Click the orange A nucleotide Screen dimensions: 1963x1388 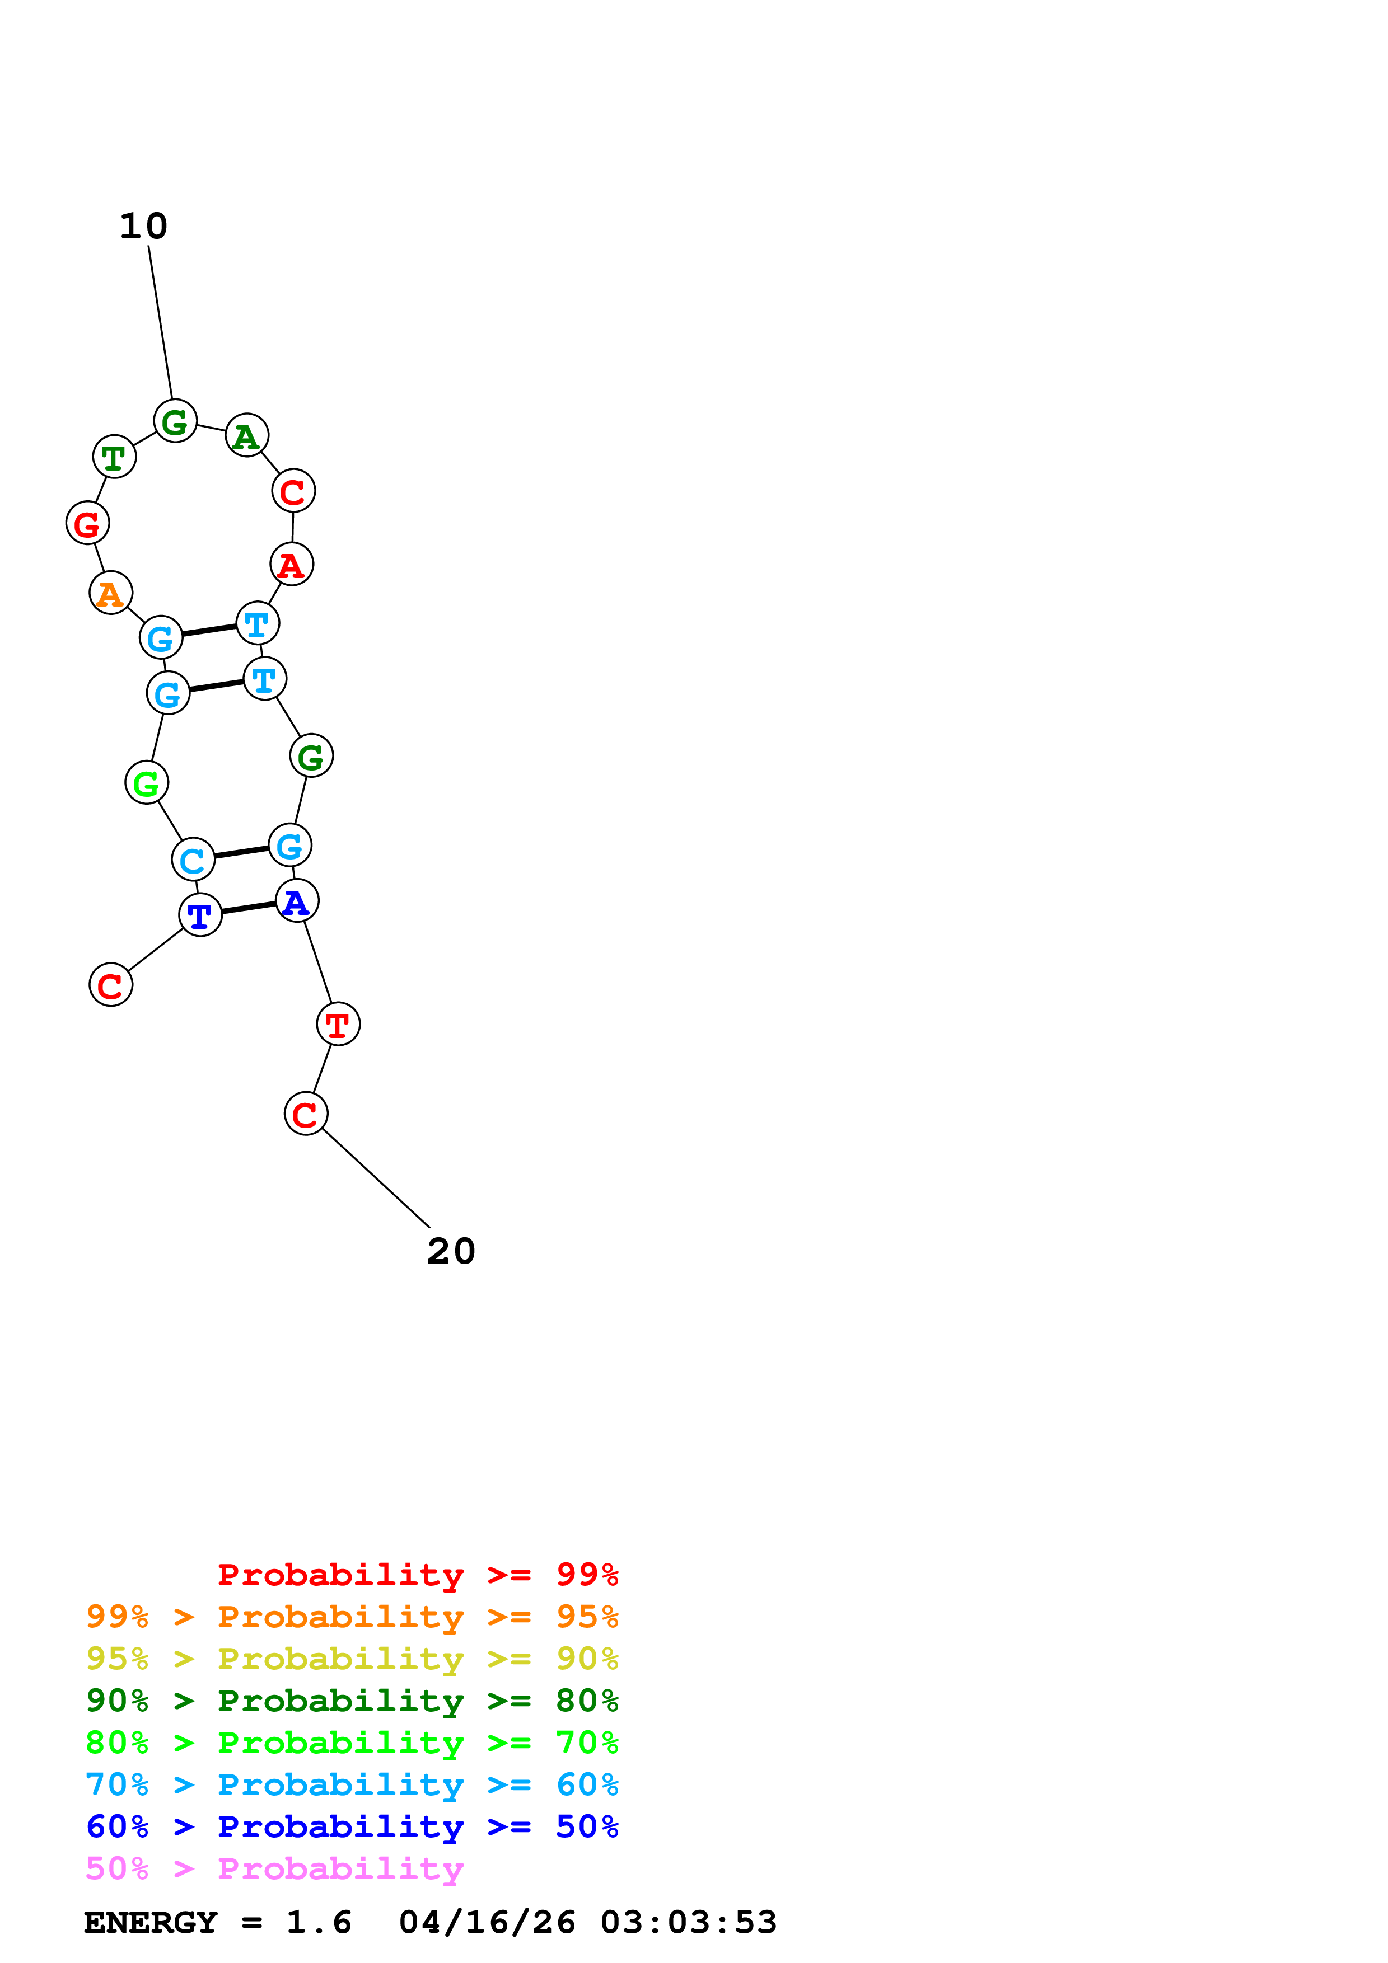coord(110,593)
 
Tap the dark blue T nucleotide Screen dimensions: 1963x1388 coord(200,915)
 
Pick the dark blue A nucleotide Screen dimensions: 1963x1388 coord(297,901)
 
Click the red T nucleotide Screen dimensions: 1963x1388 coord(338,1023)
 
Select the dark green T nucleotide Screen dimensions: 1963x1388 coord(114,457)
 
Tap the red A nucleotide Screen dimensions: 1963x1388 coord(292,564)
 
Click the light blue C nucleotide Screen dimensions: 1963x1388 coord(193,860)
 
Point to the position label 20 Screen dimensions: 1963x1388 coord(451,1252)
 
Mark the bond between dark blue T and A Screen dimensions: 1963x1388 coord(248,908)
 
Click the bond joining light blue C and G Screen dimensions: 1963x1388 coord(241,852)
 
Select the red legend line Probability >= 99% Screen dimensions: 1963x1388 coord(417,1575)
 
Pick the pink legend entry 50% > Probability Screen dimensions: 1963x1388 coord(274,1869)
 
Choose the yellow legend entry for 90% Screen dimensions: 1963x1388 coord(352,1659)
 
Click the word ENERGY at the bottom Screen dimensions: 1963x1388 coord(151,1923)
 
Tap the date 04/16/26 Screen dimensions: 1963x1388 coord(487,1923)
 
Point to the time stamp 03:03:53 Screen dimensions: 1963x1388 coord(689,1923)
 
